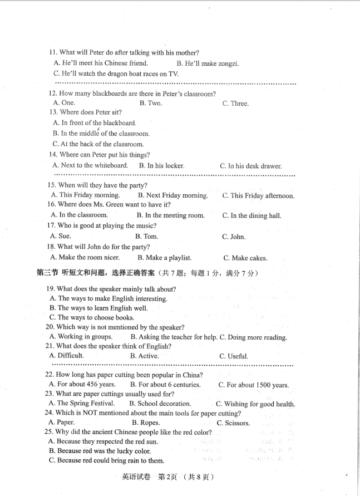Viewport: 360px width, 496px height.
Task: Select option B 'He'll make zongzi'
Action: [x=207, y=63]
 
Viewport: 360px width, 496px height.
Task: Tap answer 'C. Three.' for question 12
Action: [x=235, y=104]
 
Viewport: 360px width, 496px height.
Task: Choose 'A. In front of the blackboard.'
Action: [x=94, y=123]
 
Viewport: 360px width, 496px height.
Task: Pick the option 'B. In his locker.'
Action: [x=161, y=166]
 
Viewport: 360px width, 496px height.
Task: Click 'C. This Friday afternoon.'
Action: [x=258, y=196]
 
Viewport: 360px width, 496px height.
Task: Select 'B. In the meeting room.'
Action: [x=171, y=215]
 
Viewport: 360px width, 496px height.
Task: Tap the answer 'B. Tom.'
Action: [x=146, y=237]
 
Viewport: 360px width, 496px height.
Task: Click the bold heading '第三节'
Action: [x=47, y=273]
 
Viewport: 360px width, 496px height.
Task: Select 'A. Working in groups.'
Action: [x=80, y=337]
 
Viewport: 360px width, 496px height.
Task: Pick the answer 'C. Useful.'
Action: [x=233, y=356]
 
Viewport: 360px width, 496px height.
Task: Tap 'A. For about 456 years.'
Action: [x=82, y=385]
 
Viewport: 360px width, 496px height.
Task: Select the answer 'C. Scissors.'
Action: [x=233, y=423]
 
